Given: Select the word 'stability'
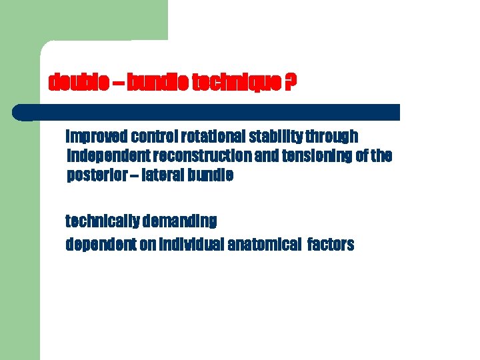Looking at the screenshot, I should (275, 137).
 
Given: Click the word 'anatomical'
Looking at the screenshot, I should (263, 245).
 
